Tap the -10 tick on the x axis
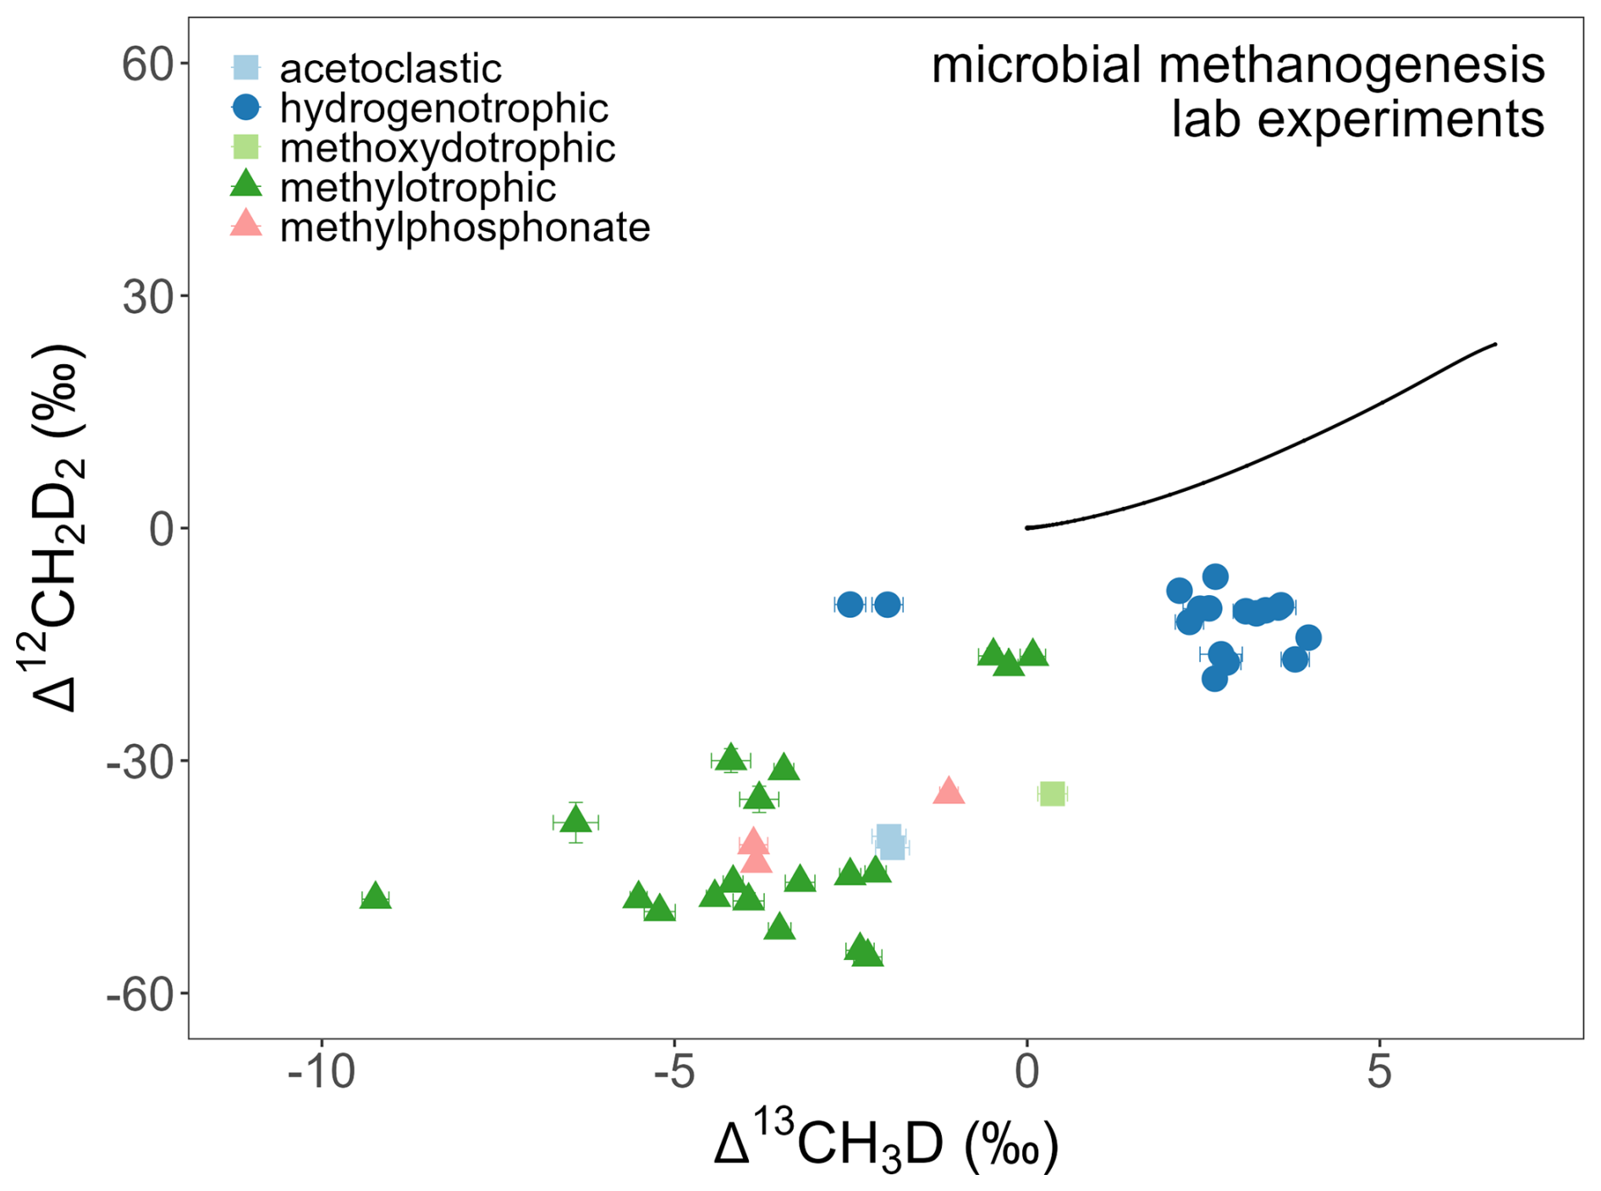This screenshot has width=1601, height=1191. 322,1072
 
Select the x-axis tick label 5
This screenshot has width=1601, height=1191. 1379,1072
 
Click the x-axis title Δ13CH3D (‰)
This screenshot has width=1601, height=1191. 886,1144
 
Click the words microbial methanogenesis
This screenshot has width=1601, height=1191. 1238,65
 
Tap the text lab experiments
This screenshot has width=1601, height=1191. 1357,119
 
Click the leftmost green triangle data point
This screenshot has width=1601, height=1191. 375,896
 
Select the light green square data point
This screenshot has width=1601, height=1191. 1051,794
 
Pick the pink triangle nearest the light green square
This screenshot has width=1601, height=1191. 949,791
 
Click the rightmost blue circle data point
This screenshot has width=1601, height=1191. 1308,637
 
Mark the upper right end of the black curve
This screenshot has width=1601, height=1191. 1495,344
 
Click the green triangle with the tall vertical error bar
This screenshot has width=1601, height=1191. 575,820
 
